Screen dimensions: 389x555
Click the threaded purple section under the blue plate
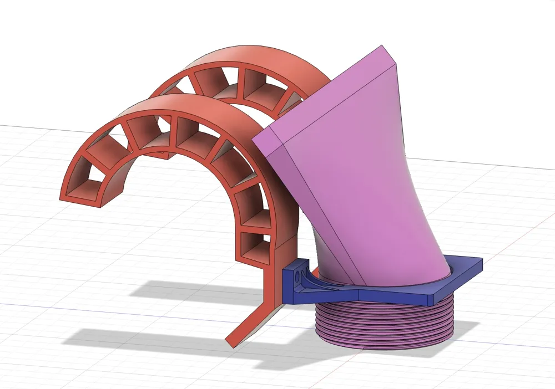383,327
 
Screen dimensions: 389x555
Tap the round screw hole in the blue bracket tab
298,276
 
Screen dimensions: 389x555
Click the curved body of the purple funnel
389,183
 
